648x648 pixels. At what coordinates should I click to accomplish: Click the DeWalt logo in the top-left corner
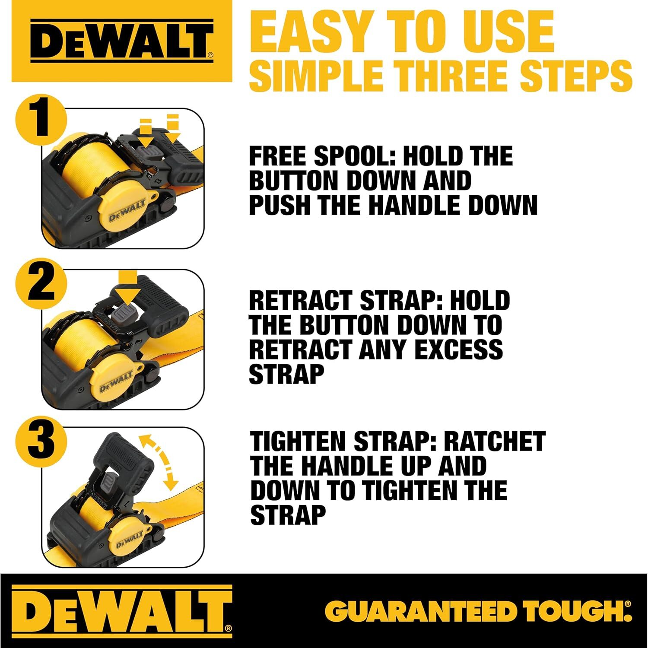[122, 41]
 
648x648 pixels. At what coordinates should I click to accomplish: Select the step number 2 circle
[41, 283]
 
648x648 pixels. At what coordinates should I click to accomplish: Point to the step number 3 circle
[41, 441]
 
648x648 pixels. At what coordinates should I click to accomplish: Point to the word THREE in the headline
[454, 76]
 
